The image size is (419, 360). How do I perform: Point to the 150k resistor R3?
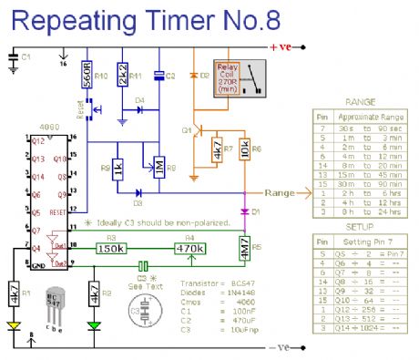(x=137, y=248)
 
